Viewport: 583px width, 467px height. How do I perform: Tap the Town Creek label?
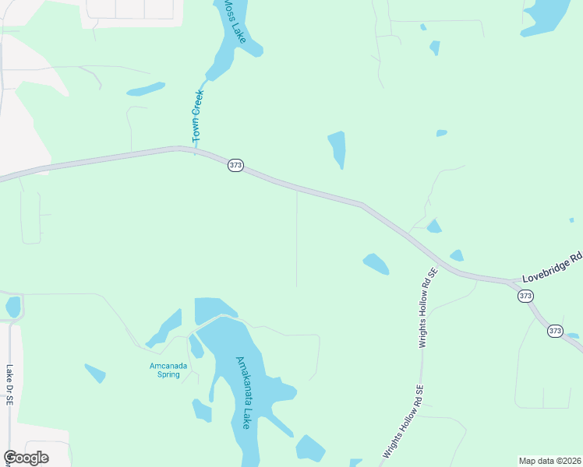pyautogui.click(x=197, y=118)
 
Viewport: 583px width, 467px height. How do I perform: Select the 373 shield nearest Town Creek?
pyautogui.click(x=235, y=165)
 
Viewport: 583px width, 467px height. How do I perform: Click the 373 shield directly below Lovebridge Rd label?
pyautogui.click(x=525, y=296)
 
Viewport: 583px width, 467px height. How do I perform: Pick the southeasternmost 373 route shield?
pyautogui.click(x=554, y=331)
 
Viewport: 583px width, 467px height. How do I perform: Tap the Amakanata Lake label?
pyautogui.click(x=243, y=392)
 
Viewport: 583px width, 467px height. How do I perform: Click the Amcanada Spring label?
pyautogui.click(x=165, y=370)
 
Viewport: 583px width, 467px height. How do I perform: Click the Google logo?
pyautogui.click(x=26, y=458)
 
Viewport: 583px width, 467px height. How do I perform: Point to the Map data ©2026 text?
pyautogui.click(x=549, y=461)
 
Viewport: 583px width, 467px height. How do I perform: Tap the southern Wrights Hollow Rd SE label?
pyautogui.click(x=402, y=422)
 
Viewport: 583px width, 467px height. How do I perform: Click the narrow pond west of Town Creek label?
pyautogui.click(x=146, y=89)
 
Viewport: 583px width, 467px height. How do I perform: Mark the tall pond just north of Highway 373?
pyautogui.click(x=337, y=148)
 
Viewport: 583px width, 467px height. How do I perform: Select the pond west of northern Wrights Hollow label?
pyautogui.click(x=376, y=264)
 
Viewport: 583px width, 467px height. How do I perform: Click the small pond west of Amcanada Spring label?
pyautogui.click(x=95, y=373)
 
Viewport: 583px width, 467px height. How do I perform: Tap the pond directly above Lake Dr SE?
pyautogui.click(x=12, y=307)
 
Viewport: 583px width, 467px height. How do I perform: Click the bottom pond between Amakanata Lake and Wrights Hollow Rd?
pyautogui.click(x=309, y=448)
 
